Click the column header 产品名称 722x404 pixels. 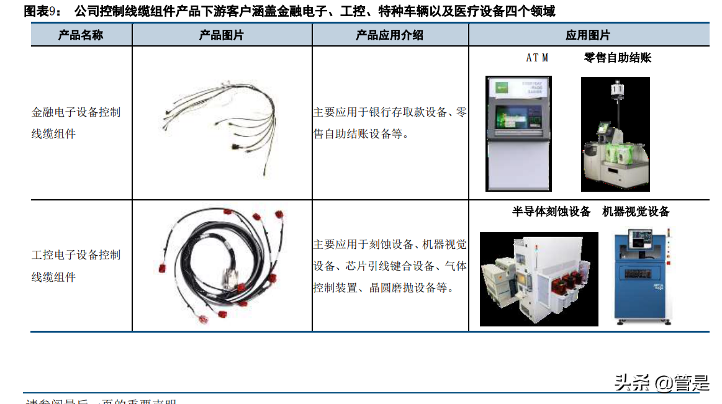[81, 35]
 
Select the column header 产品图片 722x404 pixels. [221, 35]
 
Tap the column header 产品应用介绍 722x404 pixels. [389, 35]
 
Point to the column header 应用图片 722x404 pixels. [588, 35]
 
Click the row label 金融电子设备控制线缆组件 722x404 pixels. [76, 123]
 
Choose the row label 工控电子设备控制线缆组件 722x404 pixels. [76, 266]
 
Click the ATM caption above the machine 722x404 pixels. [537, 58]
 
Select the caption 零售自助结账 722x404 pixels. [617, 58]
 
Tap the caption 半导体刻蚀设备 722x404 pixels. [551, 212]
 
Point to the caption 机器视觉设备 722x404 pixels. [636, 212]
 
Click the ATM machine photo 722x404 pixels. [518, 133]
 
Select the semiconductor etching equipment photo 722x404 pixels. [539, 279]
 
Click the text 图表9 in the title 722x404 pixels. [40, 11]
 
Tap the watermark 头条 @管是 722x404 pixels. [661, 383]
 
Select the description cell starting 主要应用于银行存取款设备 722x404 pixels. [390, 123]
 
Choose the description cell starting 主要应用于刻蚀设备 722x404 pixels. [390, 266]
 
